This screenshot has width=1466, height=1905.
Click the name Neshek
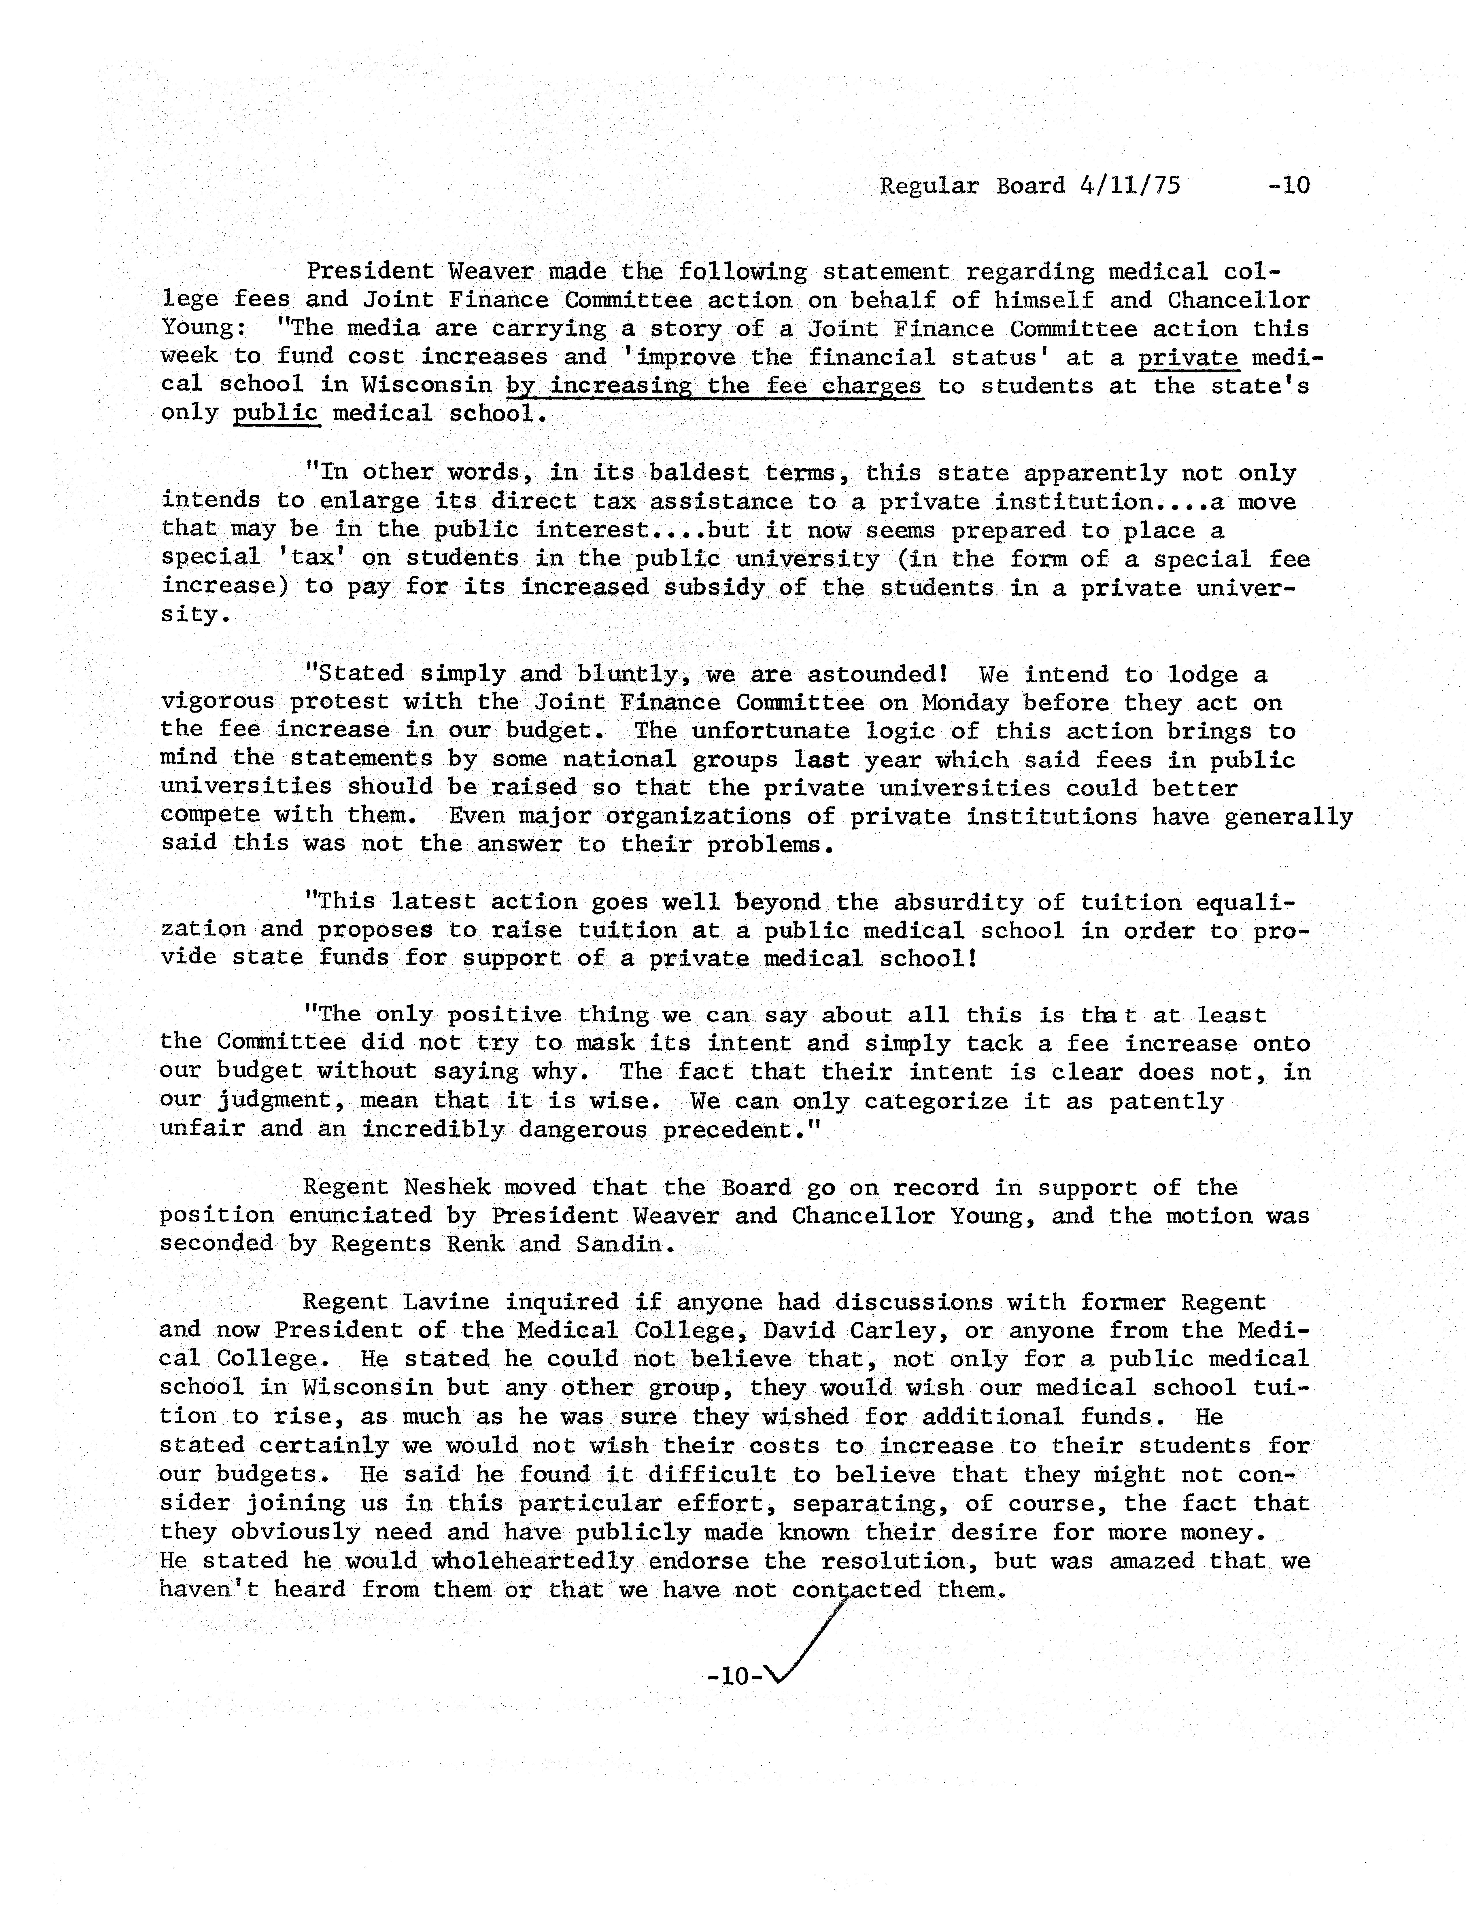447,1187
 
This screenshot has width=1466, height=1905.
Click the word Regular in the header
929,186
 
